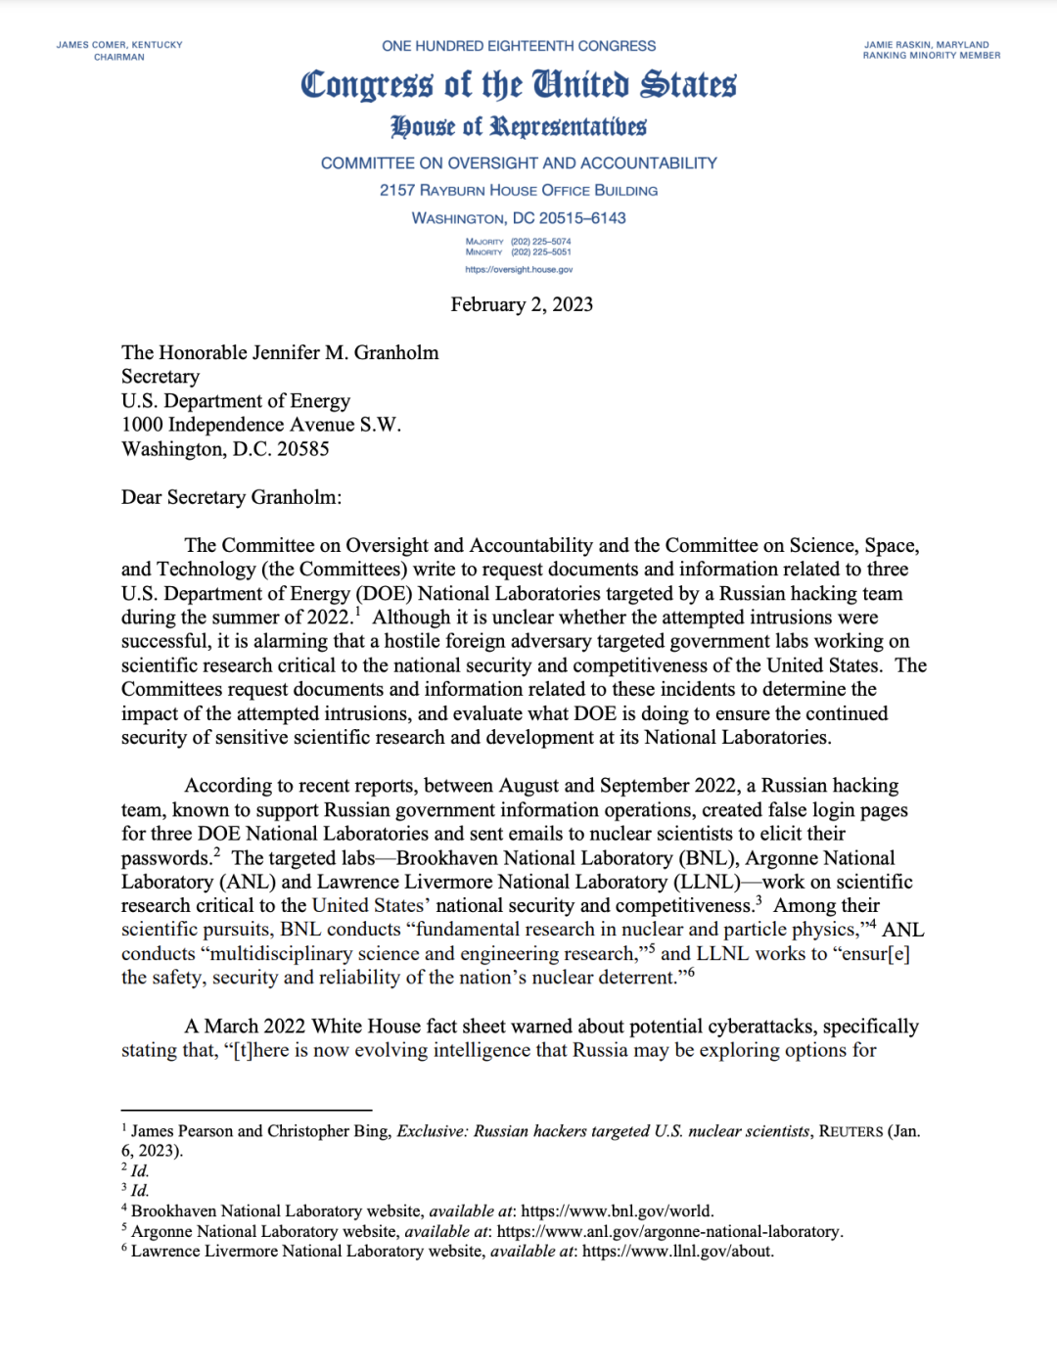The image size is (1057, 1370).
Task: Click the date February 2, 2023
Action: [522, 304]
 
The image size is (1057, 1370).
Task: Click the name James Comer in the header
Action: [92, 45]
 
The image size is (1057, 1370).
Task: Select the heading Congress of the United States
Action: [519, 85]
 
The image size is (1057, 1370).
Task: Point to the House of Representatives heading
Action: [519, 127]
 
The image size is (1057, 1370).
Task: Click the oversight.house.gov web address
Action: [519, 269]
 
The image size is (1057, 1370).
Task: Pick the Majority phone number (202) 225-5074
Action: [540, 242]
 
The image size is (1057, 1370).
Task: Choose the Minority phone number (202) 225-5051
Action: [540, 252]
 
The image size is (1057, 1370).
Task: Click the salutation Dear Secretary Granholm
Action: [231, 497]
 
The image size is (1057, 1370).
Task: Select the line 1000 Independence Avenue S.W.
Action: [261, 425]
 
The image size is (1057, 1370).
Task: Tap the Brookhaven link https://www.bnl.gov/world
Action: [617, 1211]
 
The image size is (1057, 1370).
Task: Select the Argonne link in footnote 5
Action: [669, 1231]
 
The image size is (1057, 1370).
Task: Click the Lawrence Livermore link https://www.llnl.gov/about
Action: [677, 1252]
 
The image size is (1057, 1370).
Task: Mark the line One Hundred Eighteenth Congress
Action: [519, 46]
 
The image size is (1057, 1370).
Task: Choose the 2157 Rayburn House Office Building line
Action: [519, 191]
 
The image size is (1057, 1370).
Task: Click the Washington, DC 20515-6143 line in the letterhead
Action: [519, 218]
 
